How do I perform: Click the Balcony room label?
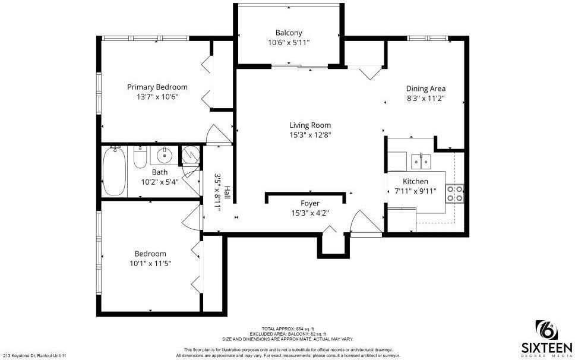coord(289,33)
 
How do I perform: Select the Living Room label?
coord(310,125)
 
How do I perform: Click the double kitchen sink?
coord(421,160)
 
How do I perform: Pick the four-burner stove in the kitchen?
coord(455,193)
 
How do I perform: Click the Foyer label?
coord(310,204)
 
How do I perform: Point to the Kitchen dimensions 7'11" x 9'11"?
coord(415,191)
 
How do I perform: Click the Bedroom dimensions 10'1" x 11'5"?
coord(150,263)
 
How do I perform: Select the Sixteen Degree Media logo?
coord(546,338)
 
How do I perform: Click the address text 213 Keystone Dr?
coord(34,355)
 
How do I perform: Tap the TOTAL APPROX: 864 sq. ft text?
coord(287,329)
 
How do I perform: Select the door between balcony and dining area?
coord(371,72)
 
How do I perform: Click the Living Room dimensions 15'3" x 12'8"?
coord(310,135)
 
